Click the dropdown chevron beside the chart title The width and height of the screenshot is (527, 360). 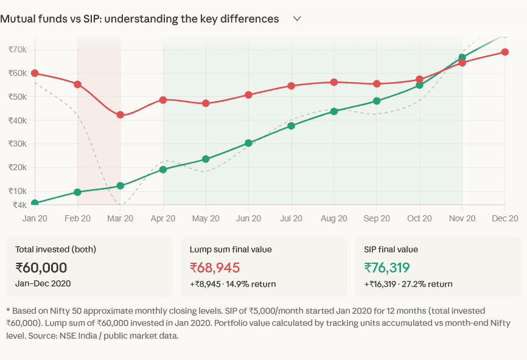point(297,19)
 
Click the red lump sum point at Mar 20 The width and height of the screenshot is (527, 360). point(120,114)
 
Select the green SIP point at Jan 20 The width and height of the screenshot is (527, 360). point(35,203)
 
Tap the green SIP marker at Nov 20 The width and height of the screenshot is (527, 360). point(462,57)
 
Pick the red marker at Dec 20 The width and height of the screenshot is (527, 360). point(504,52)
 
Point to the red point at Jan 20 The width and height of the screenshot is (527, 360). point(35,73)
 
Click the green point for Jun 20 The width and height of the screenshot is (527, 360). point(248,143)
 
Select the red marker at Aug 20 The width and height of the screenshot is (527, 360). point(333,82)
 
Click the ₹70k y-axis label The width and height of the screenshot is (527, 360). point(17,49)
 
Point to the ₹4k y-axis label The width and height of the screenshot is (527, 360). point(19,205)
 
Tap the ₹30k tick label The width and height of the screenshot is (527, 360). point(17,144)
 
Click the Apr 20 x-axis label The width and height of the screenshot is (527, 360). point(162,218)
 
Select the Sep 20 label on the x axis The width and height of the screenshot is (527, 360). point(376,218)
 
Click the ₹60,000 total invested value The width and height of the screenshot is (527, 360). point(41,268)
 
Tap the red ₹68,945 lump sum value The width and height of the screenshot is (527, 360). point(215,268)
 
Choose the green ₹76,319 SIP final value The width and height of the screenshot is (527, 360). point(387,268)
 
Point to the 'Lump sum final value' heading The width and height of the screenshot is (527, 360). point(231,249)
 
